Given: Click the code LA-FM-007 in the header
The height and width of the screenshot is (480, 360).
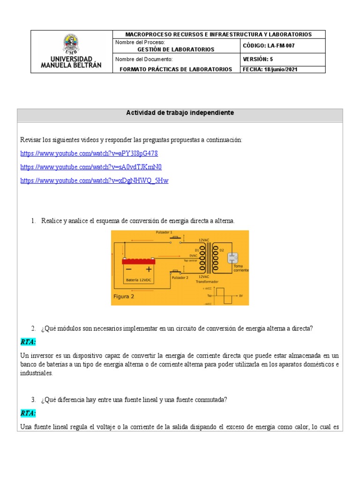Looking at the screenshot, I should click(269, 45).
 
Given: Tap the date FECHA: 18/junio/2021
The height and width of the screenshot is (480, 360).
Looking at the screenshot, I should click(270, 69).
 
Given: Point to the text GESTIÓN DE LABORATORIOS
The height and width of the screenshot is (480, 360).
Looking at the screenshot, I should click(175, 49).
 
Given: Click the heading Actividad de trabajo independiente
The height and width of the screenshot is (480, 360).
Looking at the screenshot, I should click(180, 113).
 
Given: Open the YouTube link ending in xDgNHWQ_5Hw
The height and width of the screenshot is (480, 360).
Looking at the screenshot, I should click(94, 180).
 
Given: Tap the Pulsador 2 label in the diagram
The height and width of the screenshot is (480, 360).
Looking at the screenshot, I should click(180, 277).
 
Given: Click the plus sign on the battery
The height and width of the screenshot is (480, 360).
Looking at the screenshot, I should click(149, 269).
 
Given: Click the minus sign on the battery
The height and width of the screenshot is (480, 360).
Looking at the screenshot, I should click(128, 269).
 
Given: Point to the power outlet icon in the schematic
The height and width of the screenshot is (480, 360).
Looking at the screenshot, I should click(232, 258).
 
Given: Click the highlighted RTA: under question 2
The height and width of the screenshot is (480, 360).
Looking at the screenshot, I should click(28, 342).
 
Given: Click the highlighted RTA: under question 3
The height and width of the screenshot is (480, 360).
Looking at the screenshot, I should click(28, 413).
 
